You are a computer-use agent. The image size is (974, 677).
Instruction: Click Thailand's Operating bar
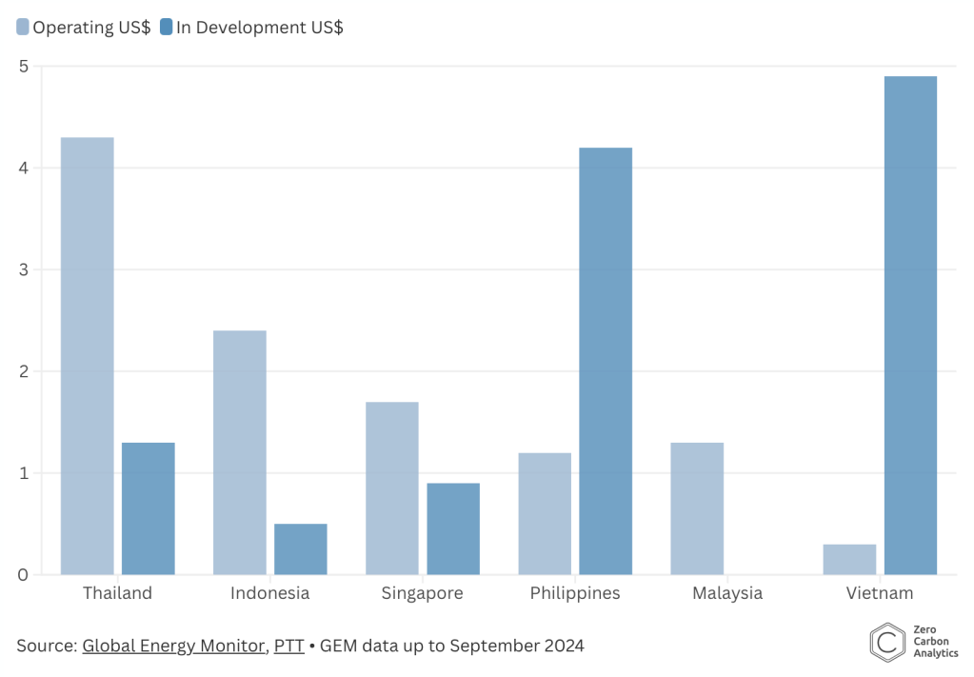point(88,356)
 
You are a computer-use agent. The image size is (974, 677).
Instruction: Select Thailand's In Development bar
point(149,508)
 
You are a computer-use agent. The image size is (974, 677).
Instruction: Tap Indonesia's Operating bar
point(240,452)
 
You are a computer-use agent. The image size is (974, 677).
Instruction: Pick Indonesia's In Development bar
point(301,549)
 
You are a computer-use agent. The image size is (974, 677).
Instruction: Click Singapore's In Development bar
point(453,528)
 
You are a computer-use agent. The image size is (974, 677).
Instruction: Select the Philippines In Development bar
point(606,361)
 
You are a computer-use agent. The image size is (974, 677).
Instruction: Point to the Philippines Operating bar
point(545,513)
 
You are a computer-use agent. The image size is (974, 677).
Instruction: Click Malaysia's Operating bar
point(697,508)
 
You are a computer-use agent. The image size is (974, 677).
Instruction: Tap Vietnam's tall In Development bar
point(910,326)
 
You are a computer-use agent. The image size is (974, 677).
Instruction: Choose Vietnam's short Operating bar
point(849,559)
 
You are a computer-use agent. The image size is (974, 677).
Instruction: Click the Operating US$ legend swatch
point(23,28)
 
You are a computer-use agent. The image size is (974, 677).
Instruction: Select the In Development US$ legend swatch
point(167,28)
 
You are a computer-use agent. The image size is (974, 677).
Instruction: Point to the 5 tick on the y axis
point(23,67)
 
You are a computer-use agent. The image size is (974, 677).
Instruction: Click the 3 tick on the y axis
point(23,269)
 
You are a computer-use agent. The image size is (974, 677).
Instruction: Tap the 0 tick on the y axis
point(23,574)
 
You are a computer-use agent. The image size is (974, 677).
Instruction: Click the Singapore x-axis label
point(422,593)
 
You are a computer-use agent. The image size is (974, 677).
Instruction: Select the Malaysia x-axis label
point(727,593)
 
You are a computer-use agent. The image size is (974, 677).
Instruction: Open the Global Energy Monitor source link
point(173,646)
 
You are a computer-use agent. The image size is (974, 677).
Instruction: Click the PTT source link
point(288,646)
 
